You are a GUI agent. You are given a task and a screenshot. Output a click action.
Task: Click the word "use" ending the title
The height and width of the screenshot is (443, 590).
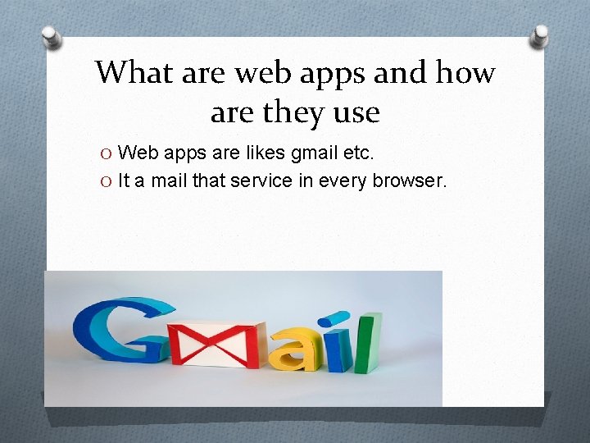click(357, 112)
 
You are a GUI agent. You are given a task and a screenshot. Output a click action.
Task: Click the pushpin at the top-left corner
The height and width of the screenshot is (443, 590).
click(50, 36)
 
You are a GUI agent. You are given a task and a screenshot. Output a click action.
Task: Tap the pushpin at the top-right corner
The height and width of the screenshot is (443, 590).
click(542, 34)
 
